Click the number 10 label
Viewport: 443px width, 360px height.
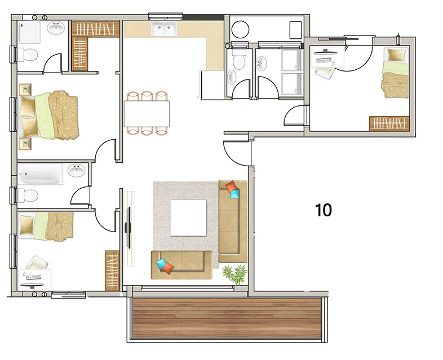pyautogui.click(x=323, y=210)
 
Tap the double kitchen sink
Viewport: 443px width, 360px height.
pyautogui.click(x=164, y=29)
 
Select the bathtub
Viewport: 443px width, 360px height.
pyautogui.click(x=41, y=174)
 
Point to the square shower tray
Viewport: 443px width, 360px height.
pyautogui.click(x=29, y=33)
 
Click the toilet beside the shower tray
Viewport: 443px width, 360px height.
pyautogui.click(x=28, y=55)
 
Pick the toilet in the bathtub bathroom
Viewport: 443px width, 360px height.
pyautogui.click(x=28, y=195)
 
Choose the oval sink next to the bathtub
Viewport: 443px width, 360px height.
pyautogui.click(x=76, y=171)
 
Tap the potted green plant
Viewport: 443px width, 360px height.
pyautogui.click(x=235, y=274)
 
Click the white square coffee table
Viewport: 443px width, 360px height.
pyautogui.click(x=188, y=217)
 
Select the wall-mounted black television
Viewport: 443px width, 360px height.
pyautogui.click(x=129, y=228)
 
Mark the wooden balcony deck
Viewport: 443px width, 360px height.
pyautogui.click(x=227, y=318)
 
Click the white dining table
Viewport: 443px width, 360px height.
pyautogui.click(x=147, y=114)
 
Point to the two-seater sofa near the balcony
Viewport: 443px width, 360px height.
pyautogui.click(x=181, y=265)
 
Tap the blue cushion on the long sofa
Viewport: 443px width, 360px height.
pyautogui.click(x=235, y=193)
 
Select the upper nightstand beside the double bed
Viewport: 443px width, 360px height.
pyautogui.click(x=25, y=90)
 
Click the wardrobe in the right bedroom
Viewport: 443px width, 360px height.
pyautogui.click(x=389, y=123)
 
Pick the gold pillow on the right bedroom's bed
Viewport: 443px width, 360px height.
pyautogui.click(x=396, y=55)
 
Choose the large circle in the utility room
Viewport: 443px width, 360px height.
pyautogui.click(x=240, y=29)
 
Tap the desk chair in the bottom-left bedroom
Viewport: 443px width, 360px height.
pyautogui.click(x=37, y=263)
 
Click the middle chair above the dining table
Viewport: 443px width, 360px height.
pyautogui.click(x=147, y=96)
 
